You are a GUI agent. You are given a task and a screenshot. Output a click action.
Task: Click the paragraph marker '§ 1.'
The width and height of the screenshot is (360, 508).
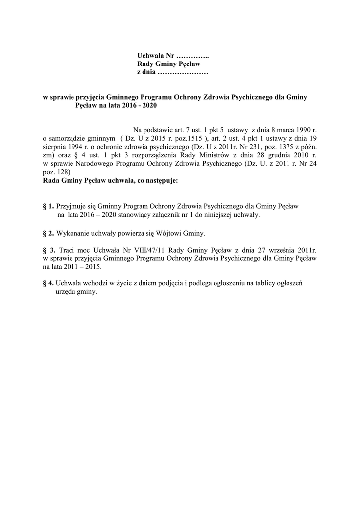[x=48, y=205]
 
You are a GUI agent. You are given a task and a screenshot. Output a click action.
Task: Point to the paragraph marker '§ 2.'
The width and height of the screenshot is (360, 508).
[x=48, y=233]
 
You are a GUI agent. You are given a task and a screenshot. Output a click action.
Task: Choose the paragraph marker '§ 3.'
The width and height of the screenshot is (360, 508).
[x=48, y=250]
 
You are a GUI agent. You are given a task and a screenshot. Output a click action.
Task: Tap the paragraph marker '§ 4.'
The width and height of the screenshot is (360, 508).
[x=48, y=283]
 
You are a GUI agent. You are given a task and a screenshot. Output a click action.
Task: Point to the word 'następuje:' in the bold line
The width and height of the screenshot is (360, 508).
[x=160, y=181]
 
